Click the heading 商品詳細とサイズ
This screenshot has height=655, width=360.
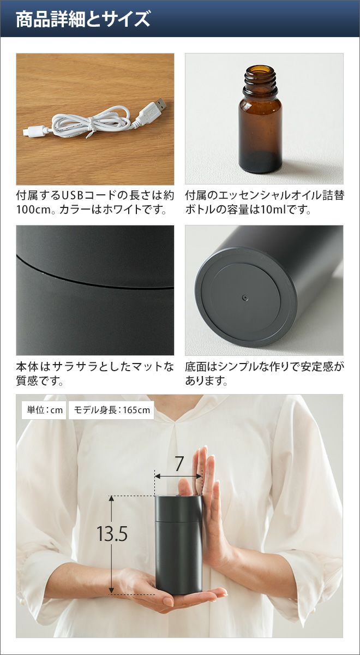point(83,19)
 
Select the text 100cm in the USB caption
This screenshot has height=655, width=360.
point(34,210)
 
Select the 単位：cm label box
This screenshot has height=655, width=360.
point(44,410)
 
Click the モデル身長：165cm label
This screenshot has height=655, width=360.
point(111,410)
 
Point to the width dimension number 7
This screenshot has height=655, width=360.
point(178,464)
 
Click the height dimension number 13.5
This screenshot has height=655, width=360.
point(112,533)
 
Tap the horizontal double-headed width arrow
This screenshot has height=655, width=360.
point(178,477)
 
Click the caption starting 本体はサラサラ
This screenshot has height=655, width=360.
point(95,374)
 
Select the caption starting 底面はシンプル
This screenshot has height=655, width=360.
point(265,374)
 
